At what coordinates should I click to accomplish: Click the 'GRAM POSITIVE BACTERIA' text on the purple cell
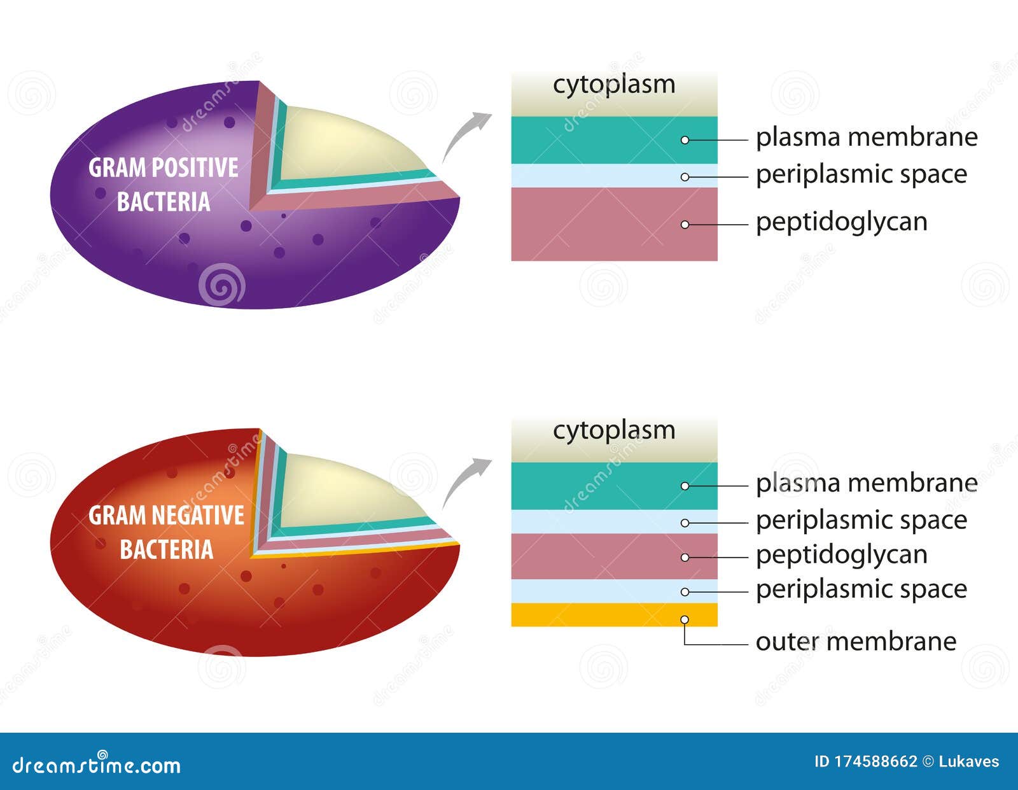point(164,185)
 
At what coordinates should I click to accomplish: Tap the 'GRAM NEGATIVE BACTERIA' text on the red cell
point(166,532)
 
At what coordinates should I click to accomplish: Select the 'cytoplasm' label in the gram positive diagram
point(614,85)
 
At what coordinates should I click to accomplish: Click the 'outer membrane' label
point(856,642)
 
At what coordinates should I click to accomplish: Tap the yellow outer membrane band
point(614,615)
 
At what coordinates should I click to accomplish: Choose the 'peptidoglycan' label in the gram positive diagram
point(841,223)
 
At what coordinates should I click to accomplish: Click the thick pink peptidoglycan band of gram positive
point(614,224)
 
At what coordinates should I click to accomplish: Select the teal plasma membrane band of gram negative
point(614,486)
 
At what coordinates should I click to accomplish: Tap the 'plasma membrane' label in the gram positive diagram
point(867,138)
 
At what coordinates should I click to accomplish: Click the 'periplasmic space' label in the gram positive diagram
point(861,175)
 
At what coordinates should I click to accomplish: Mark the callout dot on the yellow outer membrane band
point(685,620)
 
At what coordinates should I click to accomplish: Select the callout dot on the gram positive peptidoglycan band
point(685,225)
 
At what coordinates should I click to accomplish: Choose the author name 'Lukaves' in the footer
point(969,762)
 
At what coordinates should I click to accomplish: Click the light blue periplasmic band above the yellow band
point(614,591)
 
